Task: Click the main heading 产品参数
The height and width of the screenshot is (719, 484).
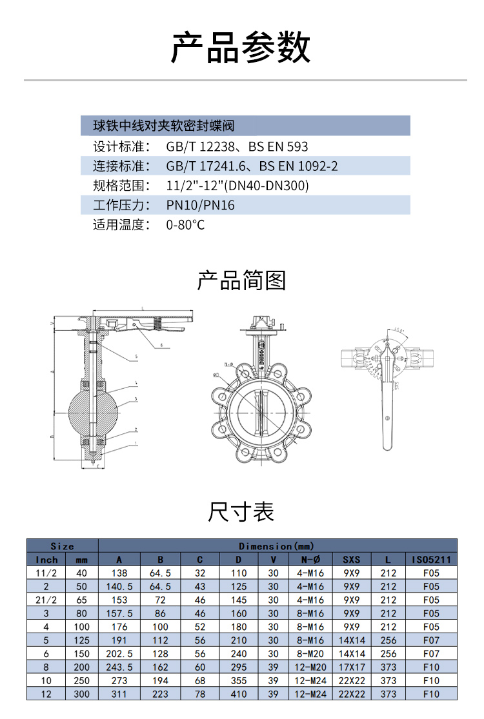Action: pos(241,46)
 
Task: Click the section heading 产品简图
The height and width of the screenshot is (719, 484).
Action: pos(241,281)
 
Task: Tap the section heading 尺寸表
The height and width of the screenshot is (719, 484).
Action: pos(241,511)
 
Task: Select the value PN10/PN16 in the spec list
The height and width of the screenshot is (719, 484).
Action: pos(201,205)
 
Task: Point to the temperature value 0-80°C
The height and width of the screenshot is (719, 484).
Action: pos(185,225)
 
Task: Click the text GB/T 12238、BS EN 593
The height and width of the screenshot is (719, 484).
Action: pos(237,146)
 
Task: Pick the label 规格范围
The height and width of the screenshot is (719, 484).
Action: pos(121,186)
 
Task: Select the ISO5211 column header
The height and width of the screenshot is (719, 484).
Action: pos(431,559)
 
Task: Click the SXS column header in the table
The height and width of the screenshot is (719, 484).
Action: pos(352,559)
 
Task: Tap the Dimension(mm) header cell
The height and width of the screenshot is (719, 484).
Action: pos(277,546)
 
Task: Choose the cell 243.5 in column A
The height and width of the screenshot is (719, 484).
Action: pos(119,667)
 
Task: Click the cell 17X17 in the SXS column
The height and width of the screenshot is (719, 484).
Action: pos(352,667)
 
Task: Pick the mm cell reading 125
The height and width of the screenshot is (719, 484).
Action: pos(81,640)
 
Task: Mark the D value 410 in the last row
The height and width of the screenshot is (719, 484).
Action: pos(239,694)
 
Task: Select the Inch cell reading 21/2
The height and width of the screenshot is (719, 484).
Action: pos(46,600)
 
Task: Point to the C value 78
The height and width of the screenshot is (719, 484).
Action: pos(200,694)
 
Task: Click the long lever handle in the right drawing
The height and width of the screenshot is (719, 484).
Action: pos(387,413)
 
